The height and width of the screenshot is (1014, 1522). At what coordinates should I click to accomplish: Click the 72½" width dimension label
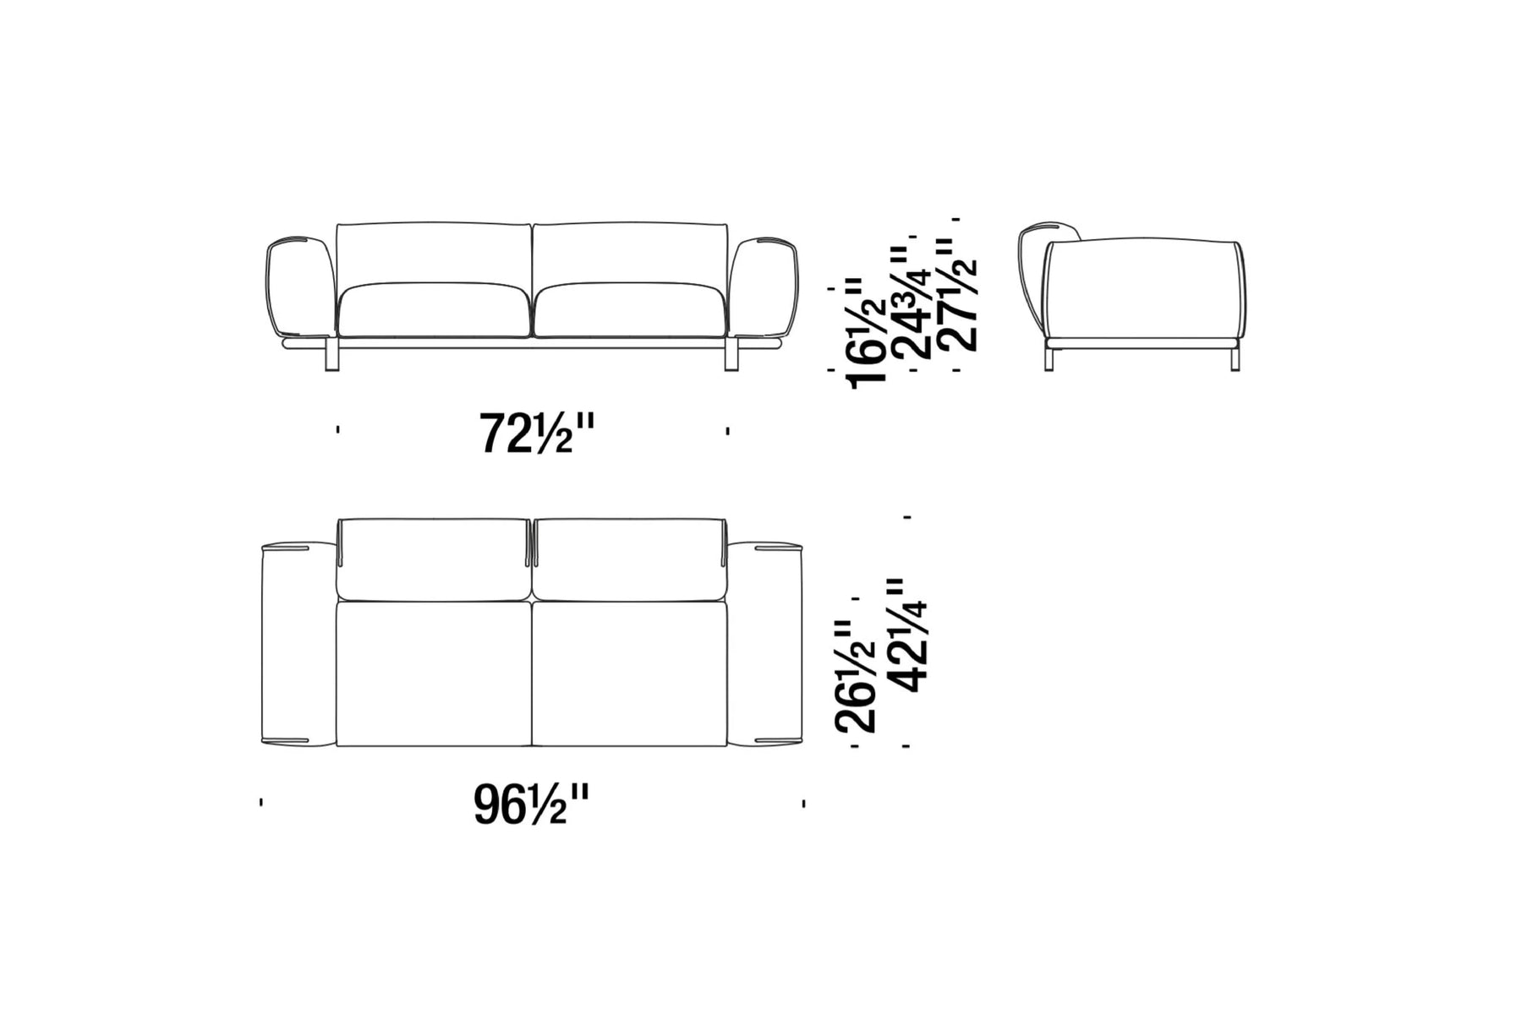(538, 433)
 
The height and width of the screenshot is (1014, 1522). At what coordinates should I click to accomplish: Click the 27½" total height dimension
(960, 294)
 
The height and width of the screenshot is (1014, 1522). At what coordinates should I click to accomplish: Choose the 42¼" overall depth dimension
(907, 635)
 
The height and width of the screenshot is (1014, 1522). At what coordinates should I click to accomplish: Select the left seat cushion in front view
(435, 310)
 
